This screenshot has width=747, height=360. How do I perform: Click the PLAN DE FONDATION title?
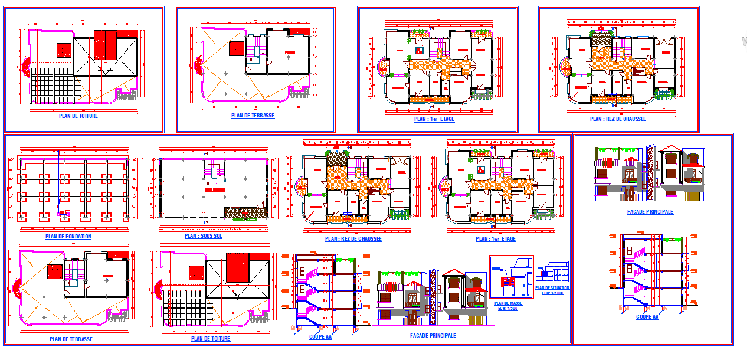click(x=68, y=237)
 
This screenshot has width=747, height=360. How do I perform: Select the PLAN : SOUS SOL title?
click(x=204, y=236)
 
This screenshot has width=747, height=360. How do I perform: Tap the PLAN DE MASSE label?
click(x=508, y=303)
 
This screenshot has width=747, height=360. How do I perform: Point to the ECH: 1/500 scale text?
click(x=508, y=309)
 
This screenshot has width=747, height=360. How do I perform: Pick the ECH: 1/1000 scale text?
click(x=552, y=293)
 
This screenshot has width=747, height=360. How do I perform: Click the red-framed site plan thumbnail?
click(x=511, y=277)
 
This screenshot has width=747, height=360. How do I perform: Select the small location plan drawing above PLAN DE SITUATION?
click(x=552, y=271)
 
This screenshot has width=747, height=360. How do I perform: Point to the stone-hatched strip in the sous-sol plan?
click(x=244, y=212)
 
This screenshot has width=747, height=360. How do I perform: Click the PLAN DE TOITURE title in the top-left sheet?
click(x=78, y=116)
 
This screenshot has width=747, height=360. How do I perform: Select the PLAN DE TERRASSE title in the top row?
click(x=253, y=116)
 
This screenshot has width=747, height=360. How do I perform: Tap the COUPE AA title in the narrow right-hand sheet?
click(x=647, y=317)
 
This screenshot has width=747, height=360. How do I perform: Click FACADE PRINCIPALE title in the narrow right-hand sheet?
click(x=650, y=211)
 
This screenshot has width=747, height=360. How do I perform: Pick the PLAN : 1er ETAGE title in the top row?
click(x=434, y=119)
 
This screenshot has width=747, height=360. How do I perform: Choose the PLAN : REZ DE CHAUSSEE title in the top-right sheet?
click(x=618, y=119)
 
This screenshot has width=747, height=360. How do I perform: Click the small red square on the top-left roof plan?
click(x=64, y=50)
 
